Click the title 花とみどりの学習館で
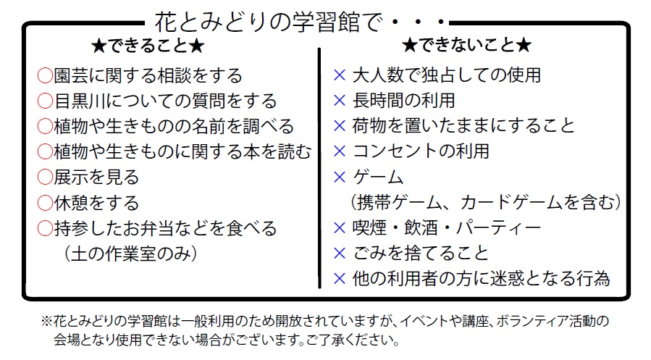(x=268, y=22)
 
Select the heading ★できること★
(x=148, y=46)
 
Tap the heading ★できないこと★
(x=466, y=45)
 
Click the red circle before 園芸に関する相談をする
(x=45, y=76)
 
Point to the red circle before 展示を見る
(x=45, y=177)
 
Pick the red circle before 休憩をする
(x=45, y=203)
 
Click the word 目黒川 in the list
(x=80, y=101)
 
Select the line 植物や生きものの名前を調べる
(x=174, y=127)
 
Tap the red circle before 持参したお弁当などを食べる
(x=45, y=229)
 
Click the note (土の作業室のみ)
(x=130, y=254)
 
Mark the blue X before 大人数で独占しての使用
(x=340, y=75)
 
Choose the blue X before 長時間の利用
(x=340, y=101)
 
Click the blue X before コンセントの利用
(x=340, y=151)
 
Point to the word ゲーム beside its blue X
(x=378, y=177)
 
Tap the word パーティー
(x=498, y=228)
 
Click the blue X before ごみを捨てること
(x=340, y=254)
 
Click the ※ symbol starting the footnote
(x=46, y=321)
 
